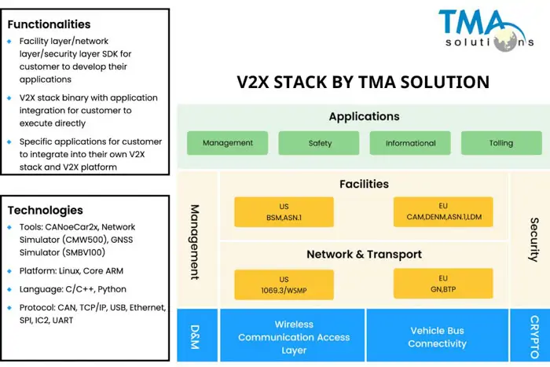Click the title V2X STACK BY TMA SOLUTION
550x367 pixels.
363,82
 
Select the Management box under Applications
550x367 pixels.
227,143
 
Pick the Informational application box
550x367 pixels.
410,143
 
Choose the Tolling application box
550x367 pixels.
500,143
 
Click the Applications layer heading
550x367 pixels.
364,116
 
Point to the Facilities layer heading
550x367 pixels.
364,184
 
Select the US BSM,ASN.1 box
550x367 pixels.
284,211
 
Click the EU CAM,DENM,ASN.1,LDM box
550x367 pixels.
443,211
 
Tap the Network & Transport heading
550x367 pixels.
364,254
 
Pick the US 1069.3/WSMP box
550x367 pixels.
284,282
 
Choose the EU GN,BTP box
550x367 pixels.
443,282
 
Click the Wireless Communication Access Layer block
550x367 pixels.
293,336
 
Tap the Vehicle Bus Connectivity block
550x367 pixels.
438,336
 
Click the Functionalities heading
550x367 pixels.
49,24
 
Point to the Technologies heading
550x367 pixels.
45,210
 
